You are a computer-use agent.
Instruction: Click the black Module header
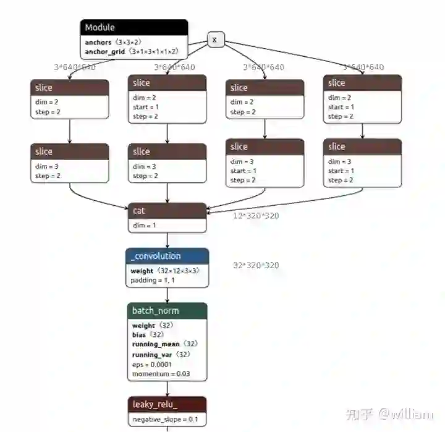tap(133, 28)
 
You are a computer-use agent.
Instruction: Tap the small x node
tap(214, 40)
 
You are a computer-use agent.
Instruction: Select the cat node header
tap(167, 211)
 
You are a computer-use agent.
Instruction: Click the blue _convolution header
tap(167, 256)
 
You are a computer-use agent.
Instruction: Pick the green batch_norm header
tap(167, 310)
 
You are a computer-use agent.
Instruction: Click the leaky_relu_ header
tap(167, 405)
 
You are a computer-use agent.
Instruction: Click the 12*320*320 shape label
tap(256, 216)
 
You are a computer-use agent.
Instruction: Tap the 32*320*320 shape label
tap(256, 265)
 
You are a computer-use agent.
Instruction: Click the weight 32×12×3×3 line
tap(165, 271)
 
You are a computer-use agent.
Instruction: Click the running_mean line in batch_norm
tap(165, 344)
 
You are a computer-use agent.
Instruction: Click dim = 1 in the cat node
tap(144, 226)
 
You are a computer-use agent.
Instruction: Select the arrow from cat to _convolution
tap(167, 240)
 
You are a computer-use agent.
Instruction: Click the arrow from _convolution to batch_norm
tap(167, 295)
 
